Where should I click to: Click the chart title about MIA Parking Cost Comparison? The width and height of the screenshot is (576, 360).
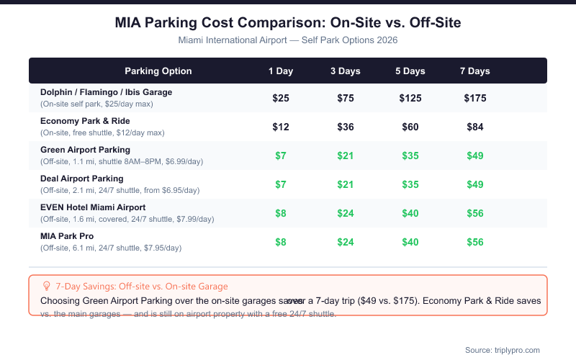click(288, 23)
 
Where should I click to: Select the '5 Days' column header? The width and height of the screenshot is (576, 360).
click(410, 71)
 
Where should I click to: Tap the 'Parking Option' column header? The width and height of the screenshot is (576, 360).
click(158, 71)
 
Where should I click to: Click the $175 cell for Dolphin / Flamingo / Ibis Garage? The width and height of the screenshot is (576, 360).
click(475, 98)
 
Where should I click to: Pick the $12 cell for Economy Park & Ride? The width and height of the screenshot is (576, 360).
click(281, 127)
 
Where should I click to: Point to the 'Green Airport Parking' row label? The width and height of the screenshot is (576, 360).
click(86, 150)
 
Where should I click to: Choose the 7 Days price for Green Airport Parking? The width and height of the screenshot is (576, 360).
click(475, 156)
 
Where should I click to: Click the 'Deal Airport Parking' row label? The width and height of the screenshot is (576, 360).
click(82, 179)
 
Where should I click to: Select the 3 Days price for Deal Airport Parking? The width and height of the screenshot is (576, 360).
click(346, 184)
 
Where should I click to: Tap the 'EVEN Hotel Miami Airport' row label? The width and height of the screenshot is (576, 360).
click(93, 207)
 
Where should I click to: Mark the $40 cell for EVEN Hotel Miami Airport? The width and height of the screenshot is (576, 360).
click(410, 213)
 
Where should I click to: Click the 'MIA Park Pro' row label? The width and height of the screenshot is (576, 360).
click(67, 236)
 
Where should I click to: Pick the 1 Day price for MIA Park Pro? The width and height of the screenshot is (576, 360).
click(281, 242)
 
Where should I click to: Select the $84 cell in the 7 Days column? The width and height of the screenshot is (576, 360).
click(475, 127)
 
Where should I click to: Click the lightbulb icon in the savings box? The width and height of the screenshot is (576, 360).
click(47, 286)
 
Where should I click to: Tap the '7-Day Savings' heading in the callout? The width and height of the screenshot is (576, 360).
click(141, 287)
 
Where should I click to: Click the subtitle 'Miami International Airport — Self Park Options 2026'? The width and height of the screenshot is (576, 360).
click(288, 40)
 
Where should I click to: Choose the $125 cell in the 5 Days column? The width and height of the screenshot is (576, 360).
click(410, 98)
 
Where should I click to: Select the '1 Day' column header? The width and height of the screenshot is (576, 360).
click(281, 71)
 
